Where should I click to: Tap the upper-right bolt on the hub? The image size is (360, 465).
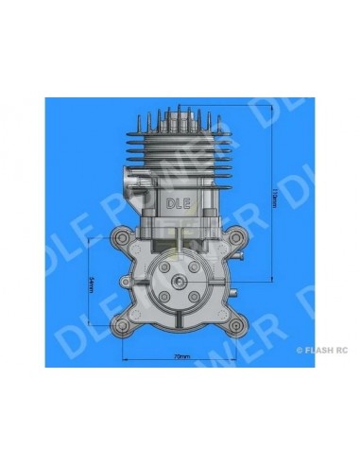point(193,270)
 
